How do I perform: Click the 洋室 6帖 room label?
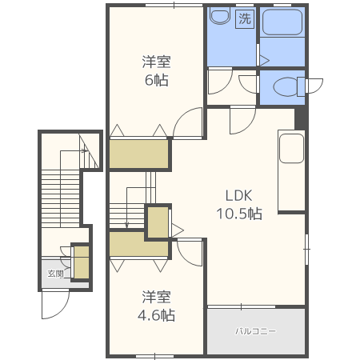point(156,70)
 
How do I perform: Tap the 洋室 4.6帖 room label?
point(156,306)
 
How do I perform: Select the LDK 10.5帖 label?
point(239,205)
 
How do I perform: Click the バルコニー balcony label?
point(255,331)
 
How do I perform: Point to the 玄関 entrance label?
point(56,274)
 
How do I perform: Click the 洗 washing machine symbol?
point(245,18)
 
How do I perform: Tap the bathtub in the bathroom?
point(282,22)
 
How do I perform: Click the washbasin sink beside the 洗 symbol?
point(220,15)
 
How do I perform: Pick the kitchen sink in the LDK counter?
point(291,148)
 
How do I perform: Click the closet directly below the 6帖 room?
point(138,154)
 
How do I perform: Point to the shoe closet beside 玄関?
point(82,262)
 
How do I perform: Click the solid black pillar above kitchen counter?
point(300,118)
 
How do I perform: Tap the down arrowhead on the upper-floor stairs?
point(127,226)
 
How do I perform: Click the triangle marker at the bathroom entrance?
point(265,61)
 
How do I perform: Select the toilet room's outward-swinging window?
point(314,86)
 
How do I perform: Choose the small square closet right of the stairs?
point(158,222)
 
